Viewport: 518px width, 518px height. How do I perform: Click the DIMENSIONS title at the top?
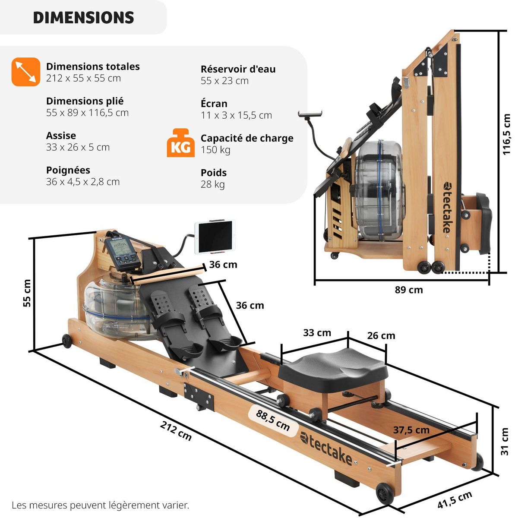tap(83, 18)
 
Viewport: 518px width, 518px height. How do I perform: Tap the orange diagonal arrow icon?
tap(26, 72)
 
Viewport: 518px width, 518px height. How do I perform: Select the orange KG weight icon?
tap(180, 143)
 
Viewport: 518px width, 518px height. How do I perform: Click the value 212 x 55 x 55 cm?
tap(83, 78)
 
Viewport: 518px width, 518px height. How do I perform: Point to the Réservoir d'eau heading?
tap(238, 69)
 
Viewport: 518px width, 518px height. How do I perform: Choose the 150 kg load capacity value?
tap(215, 150)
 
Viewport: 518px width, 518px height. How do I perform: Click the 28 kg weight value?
tap(212, 184)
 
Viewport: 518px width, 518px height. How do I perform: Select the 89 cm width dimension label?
tap(408, 290)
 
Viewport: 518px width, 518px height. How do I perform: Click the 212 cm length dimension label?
tap(176, 431)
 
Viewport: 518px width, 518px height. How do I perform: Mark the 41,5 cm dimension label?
tap(455, 500)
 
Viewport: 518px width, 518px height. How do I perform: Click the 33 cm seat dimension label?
tap(317, 333)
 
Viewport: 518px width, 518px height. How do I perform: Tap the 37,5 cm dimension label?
tap(411, 430)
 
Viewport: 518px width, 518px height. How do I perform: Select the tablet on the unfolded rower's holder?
tap(215, 237)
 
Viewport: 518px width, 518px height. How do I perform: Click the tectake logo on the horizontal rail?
tap(326, 447)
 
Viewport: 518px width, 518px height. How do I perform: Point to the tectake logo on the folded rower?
tap(446, 207)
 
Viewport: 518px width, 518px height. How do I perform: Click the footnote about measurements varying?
tap(100, 505)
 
